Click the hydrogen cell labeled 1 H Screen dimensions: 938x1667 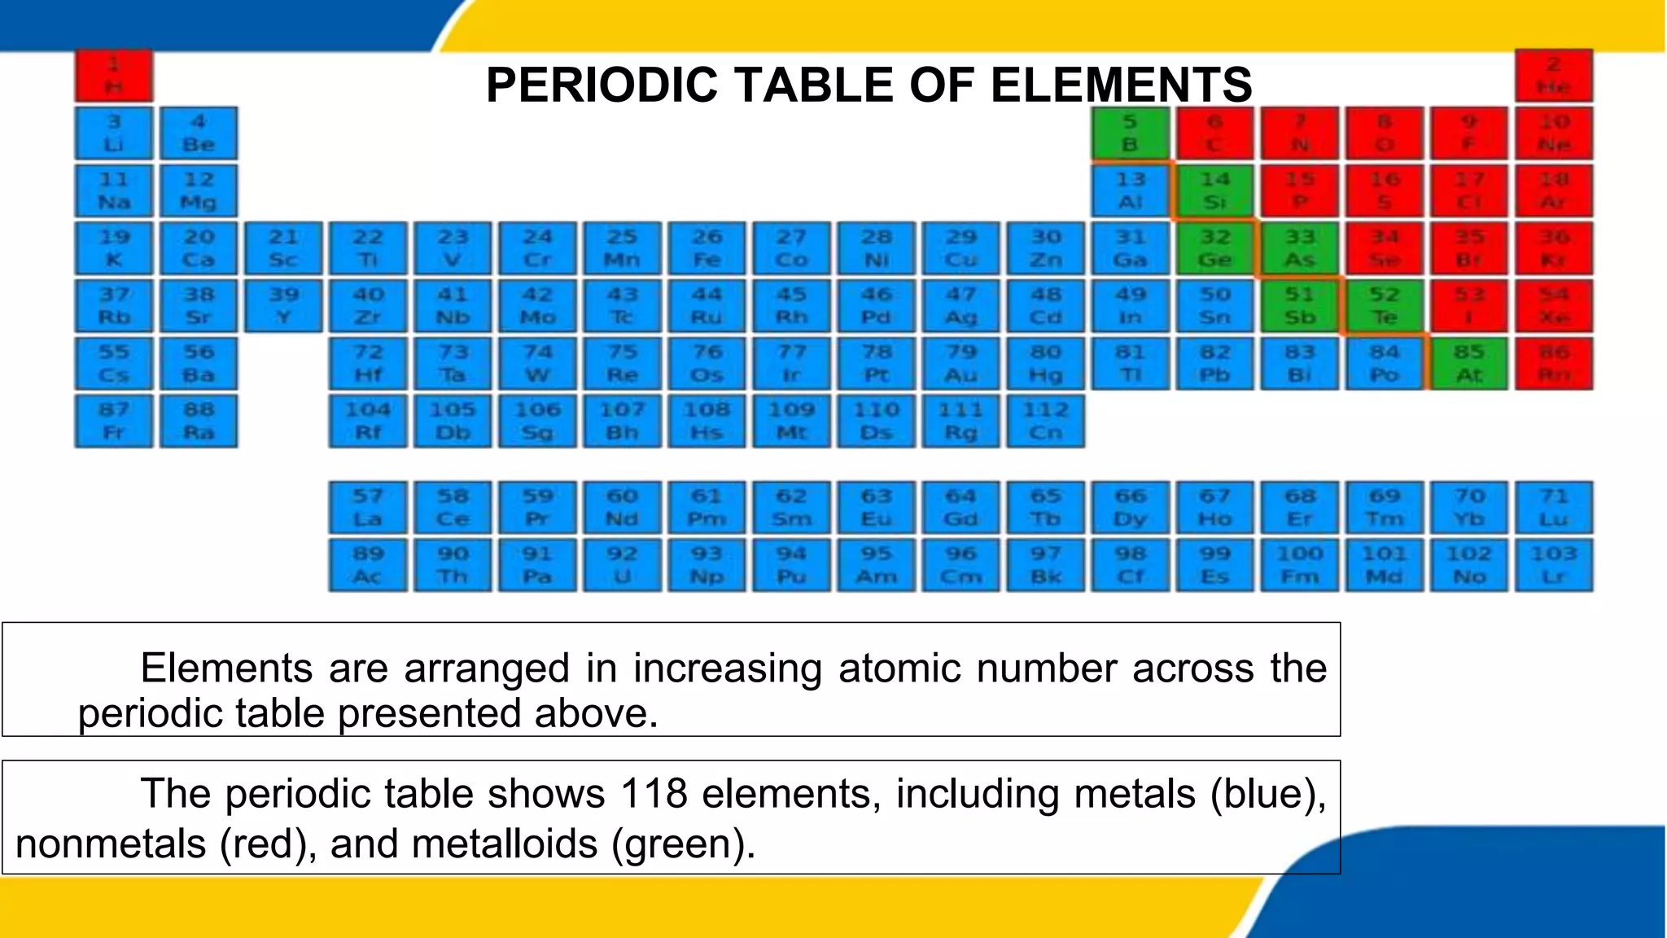pyautogui.click(x=114, y=76)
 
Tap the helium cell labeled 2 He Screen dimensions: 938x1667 pyautogui.click(x=1553, y=76)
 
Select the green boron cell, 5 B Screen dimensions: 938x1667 pyautogui.click(x=1130, y=134)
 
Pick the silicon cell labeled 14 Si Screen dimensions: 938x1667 pyautogui.click(x=1214, y=191)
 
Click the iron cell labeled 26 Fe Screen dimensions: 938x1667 pyautogui.click(x=707, y=248)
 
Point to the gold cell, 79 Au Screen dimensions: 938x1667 pyautogui.click(x=960, y=363)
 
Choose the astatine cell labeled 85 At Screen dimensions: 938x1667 pyautogui.click(x=1468, y=363)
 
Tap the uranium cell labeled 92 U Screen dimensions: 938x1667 pyautogui.click(x=622, y=565)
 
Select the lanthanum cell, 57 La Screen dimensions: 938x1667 pyautogui.click(x=368, y=507)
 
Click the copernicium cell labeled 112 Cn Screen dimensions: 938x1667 pyautogui.click(x=1045, y=421)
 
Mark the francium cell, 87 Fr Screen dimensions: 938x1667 pyautogui.click(x=114, y=421)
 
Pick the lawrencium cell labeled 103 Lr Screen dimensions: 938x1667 pyautogui.click(x=1553, y=565)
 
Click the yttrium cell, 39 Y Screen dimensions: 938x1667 pyautogui.click(x=283, y=305)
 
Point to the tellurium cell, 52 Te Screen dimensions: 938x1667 pyautogui.click(x=1384, y=305)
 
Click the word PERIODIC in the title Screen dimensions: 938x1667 pyautogui.click(x=602, y=85)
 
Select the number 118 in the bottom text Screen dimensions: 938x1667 pyautogui.click(x=654, y=793)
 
